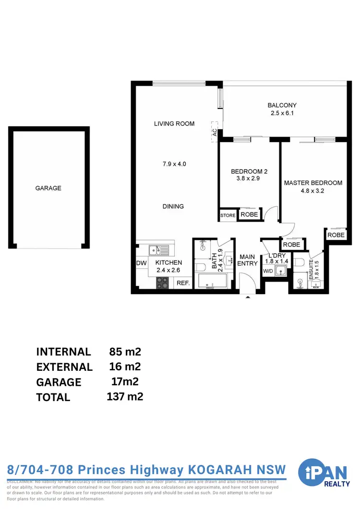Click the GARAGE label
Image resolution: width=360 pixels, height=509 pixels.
click(x=48, y=188)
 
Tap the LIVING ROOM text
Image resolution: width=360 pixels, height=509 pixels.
click(x=174, y=123)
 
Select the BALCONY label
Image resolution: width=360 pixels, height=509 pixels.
click(x=282, y=105)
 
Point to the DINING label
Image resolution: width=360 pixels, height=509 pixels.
click(x=173, y=206)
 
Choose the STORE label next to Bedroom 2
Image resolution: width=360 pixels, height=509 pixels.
click(x=228, y=215)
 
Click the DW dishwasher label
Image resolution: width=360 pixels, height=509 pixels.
click(x=142, y=263)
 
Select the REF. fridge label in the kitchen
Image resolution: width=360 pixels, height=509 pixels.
click(x=183, y=283)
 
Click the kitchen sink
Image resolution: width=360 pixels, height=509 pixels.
click(x=157, y=249)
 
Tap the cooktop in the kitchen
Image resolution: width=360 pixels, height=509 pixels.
click(x=163, y=283)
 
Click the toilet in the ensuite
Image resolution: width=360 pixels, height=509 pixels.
click(x=300, y=262)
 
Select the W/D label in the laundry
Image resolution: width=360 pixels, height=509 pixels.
click(x=267, y=272)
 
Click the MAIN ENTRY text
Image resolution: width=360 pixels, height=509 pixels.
click(x=248, y=260)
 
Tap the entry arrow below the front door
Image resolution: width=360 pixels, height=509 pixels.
click(x=248, y=297)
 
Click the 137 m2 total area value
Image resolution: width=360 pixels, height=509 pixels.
click(x=125, y=396)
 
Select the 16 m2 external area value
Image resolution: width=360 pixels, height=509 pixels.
click(x=125, y=367)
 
